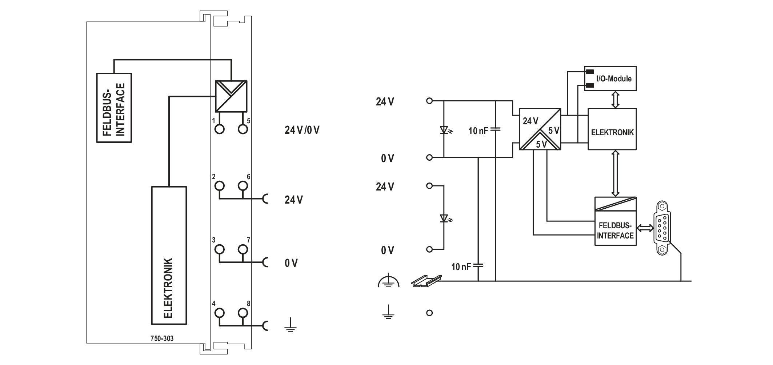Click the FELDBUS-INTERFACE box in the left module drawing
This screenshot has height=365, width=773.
pos(114,108)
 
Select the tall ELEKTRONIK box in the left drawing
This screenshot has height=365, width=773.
pos(169,255)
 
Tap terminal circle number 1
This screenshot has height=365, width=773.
pos(219,129)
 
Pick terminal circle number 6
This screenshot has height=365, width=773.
pos(243,186)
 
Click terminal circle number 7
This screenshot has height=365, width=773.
pos(243,249)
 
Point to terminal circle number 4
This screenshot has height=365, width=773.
pos(219,313)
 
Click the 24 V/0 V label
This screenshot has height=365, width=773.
pos(302,130)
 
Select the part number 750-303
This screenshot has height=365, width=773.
pos(162,338)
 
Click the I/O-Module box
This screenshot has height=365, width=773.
pos(610,78)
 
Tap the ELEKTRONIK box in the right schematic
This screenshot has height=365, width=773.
pos(612,129)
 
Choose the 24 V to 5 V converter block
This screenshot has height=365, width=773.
pos(540,129)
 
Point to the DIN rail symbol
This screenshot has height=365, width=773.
pos(427,280)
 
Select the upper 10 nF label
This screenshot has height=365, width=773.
pos(478,131)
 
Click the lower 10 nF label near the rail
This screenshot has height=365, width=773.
pos(461,267)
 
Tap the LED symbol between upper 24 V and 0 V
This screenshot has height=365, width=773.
pos(444,130)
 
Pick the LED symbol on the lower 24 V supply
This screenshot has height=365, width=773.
pos(444,218)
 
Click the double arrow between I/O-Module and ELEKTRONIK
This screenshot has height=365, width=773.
pos(615,99)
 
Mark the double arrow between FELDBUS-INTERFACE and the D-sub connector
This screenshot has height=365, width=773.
pos(645,228)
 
